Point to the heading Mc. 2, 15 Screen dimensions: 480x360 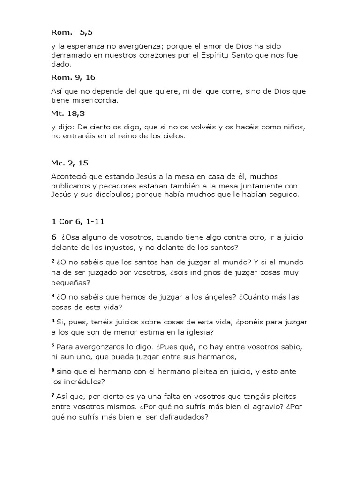[x=70, y=163]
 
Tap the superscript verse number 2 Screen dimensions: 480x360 [x=53, y=261]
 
